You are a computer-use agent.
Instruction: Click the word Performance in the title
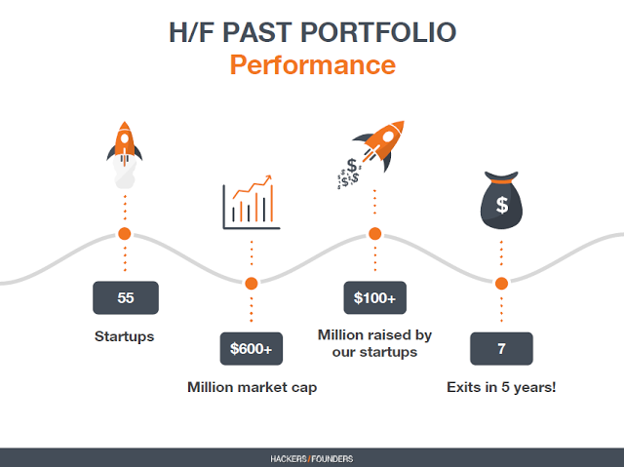coord(313,65)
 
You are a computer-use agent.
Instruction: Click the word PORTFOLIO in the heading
coord(378,32)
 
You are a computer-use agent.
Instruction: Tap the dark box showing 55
coord(126,297)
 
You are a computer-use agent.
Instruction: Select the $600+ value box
coord(252,348)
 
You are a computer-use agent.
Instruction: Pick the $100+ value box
coord(374,297)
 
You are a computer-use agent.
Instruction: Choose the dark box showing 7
coord(501,348)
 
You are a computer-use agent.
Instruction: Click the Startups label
coord(124,336)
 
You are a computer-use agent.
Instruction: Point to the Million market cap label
coord(253,387)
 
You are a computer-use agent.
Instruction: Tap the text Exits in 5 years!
coord(501,387)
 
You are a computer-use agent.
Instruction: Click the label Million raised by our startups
coord(374,343)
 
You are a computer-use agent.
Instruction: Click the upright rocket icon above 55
coord(124,155)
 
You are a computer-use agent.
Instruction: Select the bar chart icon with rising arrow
coord(252,203)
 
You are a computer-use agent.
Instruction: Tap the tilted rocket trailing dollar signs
coord(370,154)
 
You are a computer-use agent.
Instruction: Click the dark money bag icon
coord(501,200)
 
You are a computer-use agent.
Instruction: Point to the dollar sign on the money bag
coord(502,205)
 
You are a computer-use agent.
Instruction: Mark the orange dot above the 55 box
coord(125,234)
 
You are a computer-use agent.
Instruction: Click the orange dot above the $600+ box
coord(252,284)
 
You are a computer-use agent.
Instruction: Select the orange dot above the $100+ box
coord(374,234)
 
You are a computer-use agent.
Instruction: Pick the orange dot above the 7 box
coord(501,284)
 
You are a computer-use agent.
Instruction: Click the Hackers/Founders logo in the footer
coord(312,459)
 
